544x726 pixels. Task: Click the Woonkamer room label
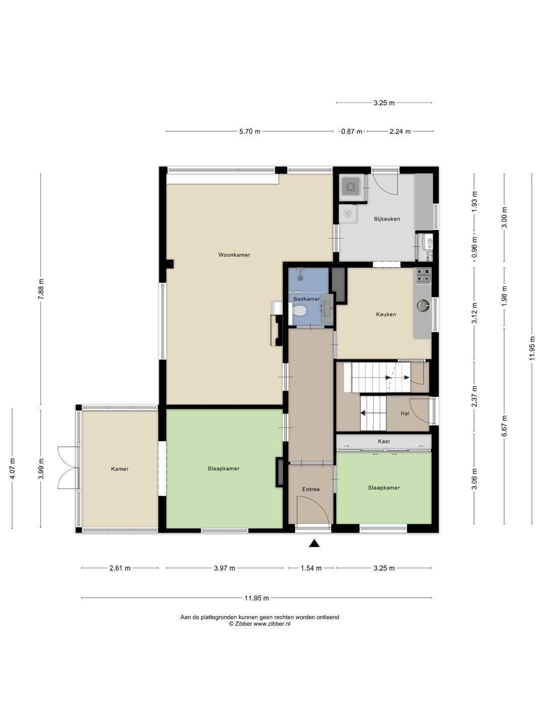(x=234, y=255)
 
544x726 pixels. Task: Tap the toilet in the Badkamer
(x=298, y=311)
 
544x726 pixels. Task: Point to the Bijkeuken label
(x=387, y=219)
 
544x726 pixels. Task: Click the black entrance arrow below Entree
(x=314, y=543)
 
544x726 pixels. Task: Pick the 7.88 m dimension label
(x=41, y=289)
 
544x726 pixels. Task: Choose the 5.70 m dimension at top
(x=250, y=131)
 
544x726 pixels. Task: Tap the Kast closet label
(x=384, y=441)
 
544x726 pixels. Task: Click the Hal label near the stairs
(x=405, y=413)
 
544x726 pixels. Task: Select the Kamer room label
(x=119, y=469)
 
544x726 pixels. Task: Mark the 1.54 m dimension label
(x=311, y=568)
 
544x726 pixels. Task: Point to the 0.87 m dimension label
(x=352, y=131)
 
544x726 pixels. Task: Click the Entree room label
(x=311, y=489)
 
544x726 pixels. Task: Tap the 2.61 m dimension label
(x=120, y=568)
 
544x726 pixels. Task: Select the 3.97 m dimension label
(x=224, y=568)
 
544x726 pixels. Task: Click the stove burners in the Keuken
(x=424, y=276)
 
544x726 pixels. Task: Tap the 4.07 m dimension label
(x=12, y=468)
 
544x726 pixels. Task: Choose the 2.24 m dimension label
(x=400, y=131)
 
